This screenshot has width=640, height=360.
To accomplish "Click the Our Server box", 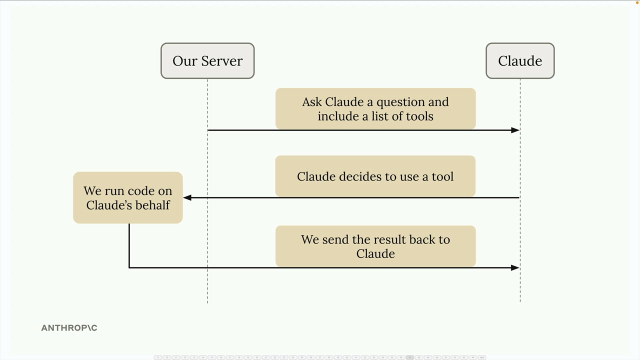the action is coord(207,61).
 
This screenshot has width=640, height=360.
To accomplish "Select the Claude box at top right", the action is coord(520,61).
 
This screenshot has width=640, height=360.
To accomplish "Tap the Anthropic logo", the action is coord(69,327).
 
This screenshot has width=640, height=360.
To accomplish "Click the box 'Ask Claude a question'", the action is coord(375,108).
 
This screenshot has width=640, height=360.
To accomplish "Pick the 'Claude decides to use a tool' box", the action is coord(375,176).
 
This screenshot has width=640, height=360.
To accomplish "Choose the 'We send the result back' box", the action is coord(375,246).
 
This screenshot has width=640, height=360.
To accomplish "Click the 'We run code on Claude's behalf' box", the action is coord(127,197).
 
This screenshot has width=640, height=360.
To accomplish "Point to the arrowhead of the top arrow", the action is coord(515,130).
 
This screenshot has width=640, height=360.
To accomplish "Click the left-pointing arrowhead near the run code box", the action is coord(187,197).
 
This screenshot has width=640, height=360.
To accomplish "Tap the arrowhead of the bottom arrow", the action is coord(515,267).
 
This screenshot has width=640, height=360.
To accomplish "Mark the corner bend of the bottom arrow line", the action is coord(129,267).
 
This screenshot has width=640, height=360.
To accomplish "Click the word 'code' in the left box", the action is coord(142,191).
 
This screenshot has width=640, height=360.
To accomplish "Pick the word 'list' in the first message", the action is coord(380,116).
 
